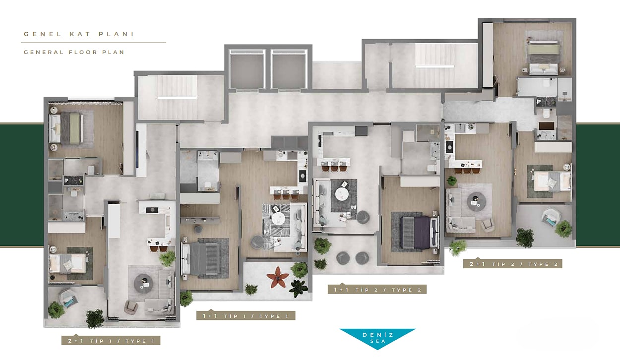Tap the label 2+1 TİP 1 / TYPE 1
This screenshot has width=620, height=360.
[111, 341]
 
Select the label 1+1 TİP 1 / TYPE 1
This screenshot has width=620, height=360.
[246, 316]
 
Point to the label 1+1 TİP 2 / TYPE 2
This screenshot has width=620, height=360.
[377, 290]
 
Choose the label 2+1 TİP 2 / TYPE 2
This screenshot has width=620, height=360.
[513, 264]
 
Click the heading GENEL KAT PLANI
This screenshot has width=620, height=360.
[79, 34]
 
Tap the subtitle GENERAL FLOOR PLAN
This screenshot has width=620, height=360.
[74, 52]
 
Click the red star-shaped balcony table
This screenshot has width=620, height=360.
[278, 277]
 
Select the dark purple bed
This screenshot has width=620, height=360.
[420, 233]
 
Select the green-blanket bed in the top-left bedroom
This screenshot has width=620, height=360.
[66, 128]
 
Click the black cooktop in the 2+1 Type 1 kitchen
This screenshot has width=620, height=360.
[152, 210]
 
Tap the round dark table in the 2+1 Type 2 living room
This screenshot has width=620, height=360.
[476, 202]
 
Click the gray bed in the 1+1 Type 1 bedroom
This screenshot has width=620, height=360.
[201, 258]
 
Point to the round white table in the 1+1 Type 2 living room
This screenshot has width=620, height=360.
[342, 194]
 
